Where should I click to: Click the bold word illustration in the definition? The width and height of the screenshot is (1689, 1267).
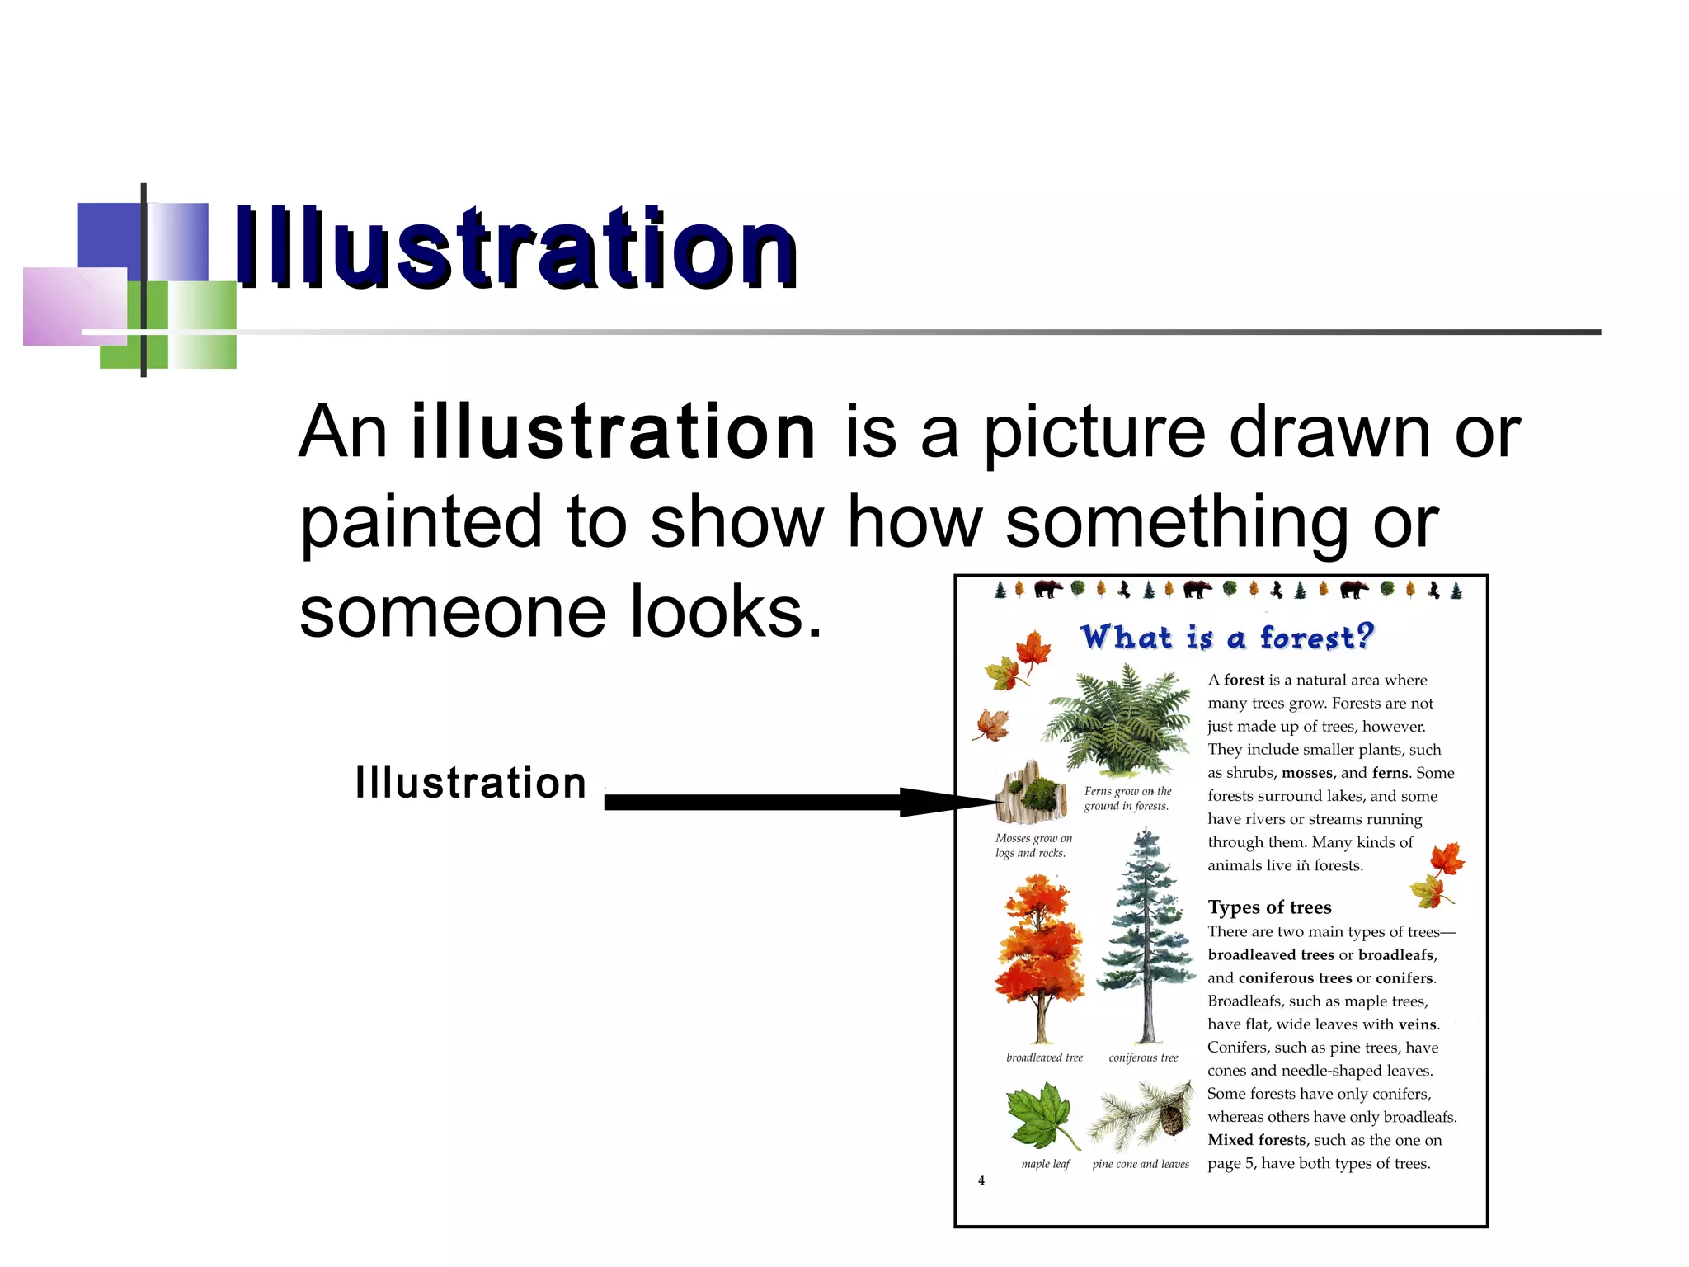[x=614, y=431]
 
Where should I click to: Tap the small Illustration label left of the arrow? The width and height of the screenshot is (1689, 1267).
[x=470, y=783]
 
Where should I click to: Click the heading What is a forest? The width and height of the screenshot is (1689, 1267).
[x=1226, y=638]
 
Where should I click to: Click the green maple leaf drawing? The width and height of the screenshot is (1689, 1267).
[x=1041, y=1115]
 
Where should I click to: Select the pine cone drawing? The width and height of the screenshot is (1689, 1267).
[x=1171, y=1119]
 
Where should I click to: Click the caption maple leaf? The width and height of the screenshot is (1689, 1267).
[x=1045, y=1164]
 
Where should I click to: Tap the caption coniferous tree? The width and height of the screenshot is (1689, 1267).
[x=1143, y=1057]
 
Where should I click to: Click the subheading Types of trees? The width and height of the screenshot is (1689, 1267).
[x=1269, y=907]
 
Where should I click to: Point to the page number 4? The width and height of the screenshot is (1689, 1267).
[x=981, y=1180]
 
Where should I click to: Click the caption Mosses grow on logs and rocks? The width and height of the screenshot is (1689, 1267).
[x=1033, y=845]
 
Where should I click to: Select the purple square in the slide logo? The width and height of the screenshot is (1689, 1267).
[x=74, y=305]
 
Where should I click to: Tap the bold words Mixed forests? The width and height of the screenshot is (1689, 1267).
[x=1257, y=1140]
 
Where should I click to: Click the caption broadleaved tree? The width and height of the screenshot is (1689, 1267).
[x=1044, y=1057]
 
